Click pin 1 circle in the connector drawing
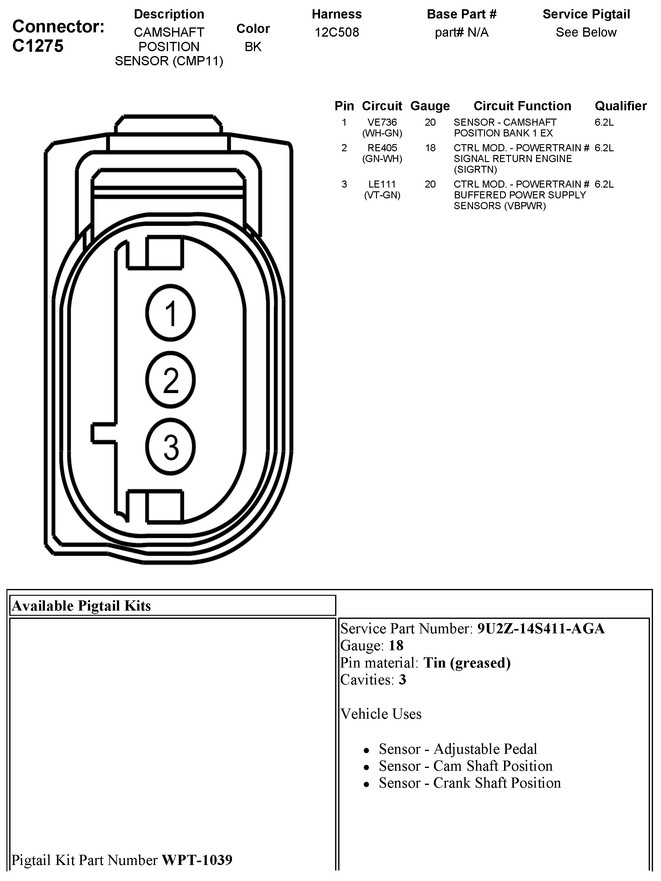pyautogui.click(x=170, y=313)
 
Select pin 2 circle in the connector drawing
pyautogui.click(x=170, y=380)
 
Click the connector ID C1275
pyautogui.click(x=38, y=46)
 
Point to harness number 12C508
pyautogui.click(x=337, y=32)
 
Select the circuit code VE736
pyautogui.click(x=382, y=122)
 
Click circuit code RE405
pyautogui.click(x=382, y=148)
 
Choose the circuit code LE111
pyautogui.click(x=382, y=184)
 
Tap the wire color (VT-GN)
pyautogui.click(x=382, y=195)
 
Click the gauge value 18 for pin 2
pyautogui.click(x=430, y=148)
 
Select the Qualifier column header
pyautogui.click(x=620, y=106)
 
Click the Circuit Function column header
pyautogui.click(x=522, y=106)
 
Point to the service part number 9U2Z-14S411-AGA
pyautogui.click(x=541, y=628)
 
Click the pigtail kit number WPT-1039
pyautogui.click(x=197, y=860)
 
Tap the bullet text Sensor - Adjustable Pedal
pyautogui.click(x=458, y=749)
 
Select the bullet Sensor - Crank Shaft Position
pyautogui.click(x=470, y=783)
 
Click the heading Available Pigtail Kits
pyautogui.click(x=82, y=606)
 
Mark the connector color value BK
pyautogui.click(x=253, y=47)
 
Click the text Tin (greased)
pyautogui.click(x=467, y=663)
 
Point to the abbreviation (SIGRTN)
pyautogui.click(x=475, y=170)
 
